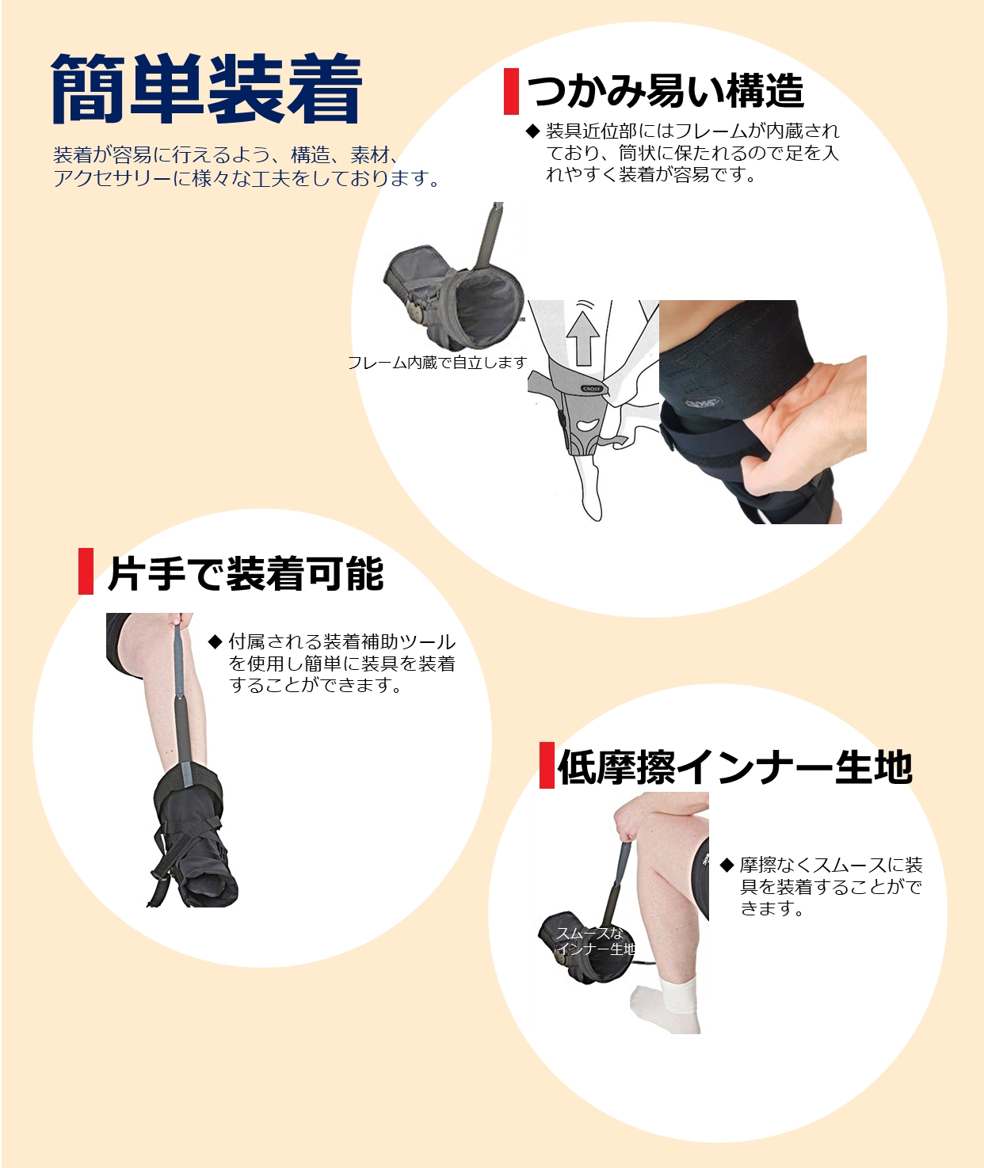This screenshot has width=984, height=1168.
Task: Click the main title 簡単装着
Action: click(x=206, y=89)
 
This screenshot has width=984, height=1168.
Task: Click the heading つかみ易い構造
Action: click(x=666, y=91)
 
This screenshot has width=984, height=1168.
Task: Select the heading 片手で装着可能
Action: click(x=246, y=573)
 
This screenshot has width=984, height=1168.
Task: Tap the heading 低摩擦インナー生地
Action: click(x=734, y=767)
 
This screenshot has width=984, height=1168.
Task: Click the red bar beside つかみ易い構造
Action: click(x=511, y=91)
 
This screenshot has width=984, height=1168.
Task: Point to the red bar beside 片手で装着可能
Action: click(x=86, y=571)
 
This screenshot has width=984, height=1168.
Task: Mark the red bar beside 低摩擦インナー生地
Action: click(x=547, y=765)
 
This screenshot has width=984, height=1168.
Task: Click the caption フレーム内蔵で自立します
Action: click(x=437, y=363)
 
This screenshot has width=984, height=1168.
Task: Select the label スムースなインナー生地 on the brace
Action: click(x=595, y=941)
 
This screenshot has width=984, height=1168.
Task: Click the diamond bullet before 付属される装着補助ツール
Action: click(x=215, y=641)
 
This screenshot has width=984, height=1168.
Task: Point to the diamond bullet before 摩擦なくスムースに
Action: click(x=727, y=865)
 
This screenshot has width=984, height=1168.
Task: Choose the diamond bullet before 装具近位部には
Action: click(x=532, y=131)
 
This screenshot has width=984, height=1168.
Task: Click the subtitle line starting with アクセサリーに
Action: click(x=246, y=178)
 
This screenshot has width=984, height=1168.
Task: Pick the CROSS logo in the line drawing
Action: click(x=592, y=389)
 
